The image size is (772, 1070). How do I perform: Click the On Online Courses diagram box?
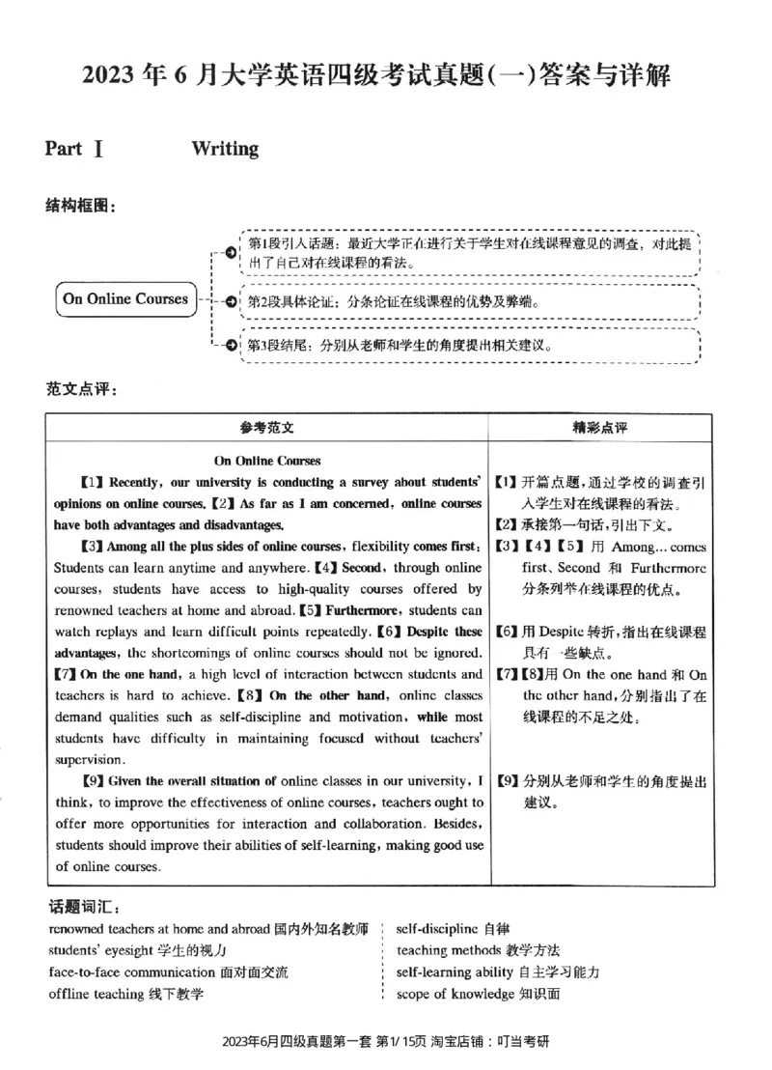[x=125, y=299]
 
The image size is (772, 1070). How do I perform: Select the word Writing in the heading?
[x=225, y=149]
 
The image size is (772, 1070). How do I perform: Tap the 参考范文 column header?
[x=267, y=427]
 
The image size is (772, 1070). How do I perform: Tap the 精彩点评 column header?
[x=600, y=427]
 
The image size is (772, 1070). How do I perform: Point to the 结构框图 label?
[x=81, y=207]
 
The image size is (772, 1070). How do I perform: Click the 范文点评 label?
[x=81, y=389]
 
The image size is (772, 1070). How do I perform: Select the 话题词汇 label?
[x=83, y=908]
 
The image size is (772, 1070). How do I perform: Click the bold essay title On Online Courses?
[x=267, y=461]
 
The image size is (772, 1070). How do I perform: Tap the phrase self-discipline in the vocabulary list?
[x=437, y=929]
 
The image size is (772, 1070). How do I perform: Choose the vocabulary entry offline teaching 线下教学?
[x=125, y=994]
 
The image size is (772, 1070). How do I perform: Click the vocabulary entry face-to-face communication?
[x=168, y=972]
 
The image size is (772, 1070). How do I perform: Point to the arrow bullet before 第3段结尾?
[x=230, y=345]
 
